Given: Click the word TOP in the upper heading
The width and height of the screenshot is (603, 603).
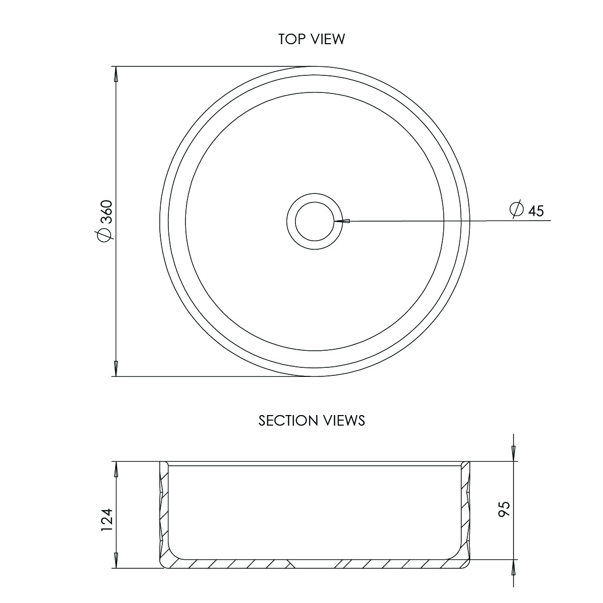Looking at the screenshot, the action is coord(291,39).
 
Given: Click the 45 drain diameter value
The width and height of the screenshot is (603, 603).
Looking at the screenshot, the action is coord(536,211).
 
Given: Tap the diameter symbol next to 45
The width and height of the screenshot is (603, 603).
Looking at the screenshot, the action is coord(517,209).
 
